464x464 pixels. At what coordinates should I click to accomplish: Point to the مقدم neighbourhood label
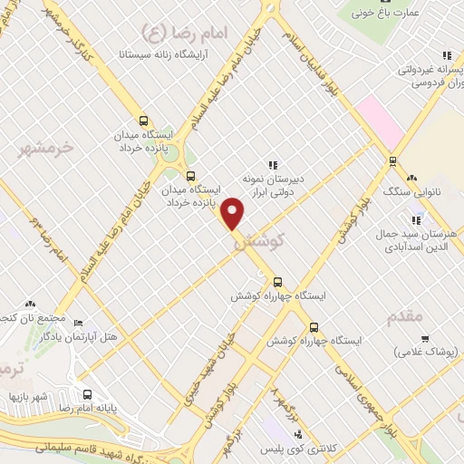404,316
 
